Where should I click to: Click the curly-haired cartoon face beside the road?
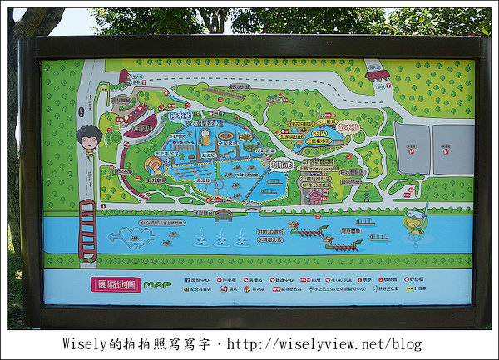[89, 140]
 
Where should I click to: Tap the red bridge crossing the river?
[86, 229]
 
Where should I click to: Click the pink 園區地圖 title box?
[116, 284]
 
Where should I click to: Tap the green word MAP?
[157, 285]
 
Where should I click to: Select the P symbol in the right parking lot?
[454, 149]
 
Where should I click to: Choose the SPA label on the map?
[319, 131]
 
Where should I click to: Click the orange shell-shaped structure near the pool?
[154, 165]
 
